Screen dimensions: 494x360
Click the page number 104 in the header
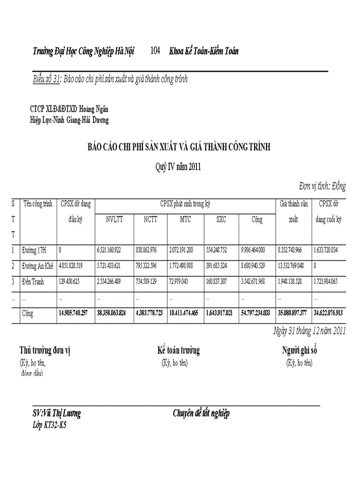[156, 51]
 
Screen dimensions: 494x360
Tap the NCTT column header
[150, 219]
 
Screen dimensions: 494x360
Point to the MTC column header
[185, 219]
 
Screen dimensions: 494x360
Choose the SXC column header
[221, 219]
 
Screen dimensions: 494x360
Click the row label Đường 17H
[34, 250]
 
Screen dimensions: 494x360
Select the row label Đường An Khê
[38, 266]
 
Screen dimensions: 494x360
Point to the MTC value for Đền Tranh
[181, 281]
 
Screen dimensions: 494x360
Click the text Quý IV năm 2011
[178, 166]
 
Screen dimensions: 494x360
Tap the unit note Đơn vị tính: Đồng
[322, 186]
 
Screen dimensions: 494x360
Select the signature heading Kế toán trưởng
[178, 350]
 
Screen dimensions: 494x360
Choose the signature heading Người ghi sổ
[299, 350]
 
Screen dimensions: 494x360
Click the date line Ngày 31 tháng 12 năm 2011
[309, 331]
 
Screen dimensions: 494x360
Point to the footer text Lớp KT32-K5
[49, 426]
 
